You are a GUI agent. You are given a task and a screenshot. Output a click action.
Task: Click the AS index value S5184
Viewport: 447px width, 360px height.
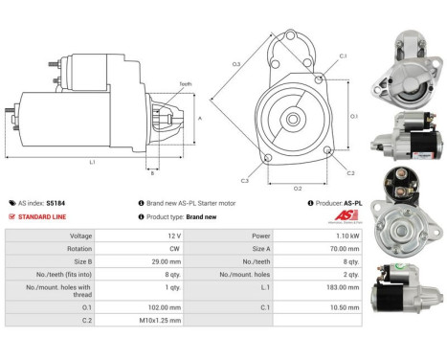56,203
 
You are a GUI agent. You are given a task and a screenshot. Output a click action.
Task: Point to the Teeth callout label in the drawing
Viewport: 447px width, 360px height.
186,84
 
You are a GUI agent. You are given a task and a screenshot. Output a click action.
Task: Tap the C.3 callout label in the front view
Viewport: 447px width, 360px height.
245,180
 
